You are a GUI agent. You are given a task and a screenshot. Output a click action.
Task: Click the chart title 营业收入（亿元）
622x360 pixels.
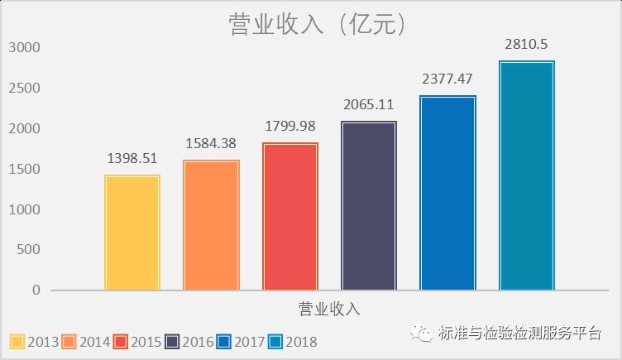point(317,25)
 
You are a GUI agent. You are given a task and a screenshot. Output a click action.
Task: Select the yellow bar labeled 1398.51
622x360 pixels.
point(132,233)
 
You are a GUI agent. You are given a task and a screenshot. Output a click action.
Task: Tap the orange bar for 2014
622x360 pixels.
point(211,225)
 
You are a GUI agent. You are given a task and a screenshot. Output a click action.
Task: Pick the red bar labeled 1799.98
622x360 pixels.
point(290,216)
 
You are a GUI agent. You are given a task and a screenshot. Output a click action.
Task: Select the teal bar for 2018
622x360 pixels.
point(527,175)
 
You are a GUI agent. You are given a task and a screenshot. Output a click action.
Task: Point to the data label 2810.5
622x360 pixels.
point(526,45)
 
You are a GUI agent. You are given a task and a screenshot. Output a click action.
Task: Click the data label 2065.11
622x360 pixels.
point(368,105)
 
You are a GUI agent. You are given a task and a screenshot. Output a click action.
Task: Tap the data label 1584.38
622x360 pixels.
point(211,144)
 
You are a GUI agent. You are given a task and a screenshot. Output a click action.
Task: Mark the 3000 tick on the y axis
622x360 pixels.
point(24,47)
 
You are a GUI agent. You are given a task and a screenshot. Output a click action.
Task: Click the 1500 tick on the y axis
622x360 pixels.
point(24,169)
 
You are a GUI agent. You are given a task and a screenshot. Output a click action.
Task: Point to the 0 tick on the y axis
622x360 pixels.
point(36,290)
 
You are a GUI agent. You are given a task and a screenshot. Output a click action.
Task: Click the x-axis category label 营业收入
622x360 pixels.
point(329,310)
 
